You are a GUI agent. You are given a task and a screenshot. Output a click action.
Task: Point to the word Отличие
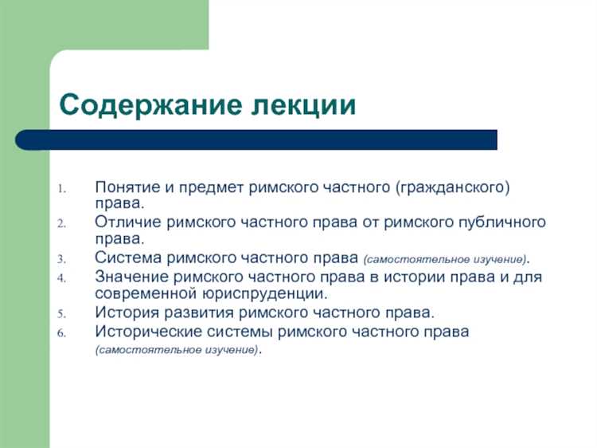point(127,222)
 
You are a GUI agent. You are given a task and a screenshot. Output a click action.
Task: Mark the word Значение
point(129,277)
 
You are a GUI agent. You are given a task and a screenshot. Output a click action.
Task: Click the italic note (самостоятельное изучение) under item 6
point(177,351)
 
